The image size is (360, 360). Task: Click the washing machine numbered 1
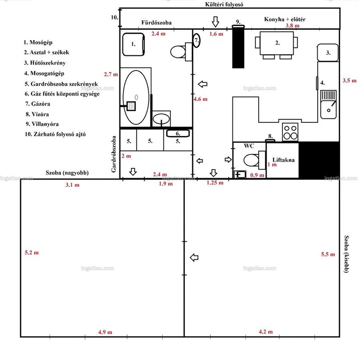pyautogui.click(x=133, y=45)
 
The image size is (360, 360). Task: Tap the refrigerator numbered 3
pyautogui.click(x=328, y=53)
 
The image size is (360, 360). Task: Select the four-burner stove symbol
pyautogui.click(x=290, y=132)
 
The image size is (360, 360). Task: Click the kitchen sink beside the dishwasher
pyautogui.click(x=328, y=104)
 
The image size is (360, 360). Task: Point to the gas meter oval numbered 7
pyautogui.click(x=196, y=40)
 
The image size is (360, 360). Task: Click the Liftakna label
pyautogui.click(x=283, y=160)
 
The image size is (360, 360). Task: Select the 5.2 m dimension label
pyautogui.click(x=32, y=252)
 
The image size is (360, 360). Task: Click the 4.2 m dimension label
pyautogui.click(x=266, y=332)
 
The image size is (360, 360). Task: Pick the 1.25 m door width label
pyautogui.click(x=215, y=183)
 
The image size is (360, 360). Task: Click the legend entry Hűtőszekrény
pyautogui.click(x=45, y=63)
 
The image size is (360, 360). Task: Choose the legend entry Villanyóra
pyautogui.click(x=42, y=124)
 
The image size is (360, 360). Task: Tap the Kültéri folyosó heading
pyautogui.click(x=224, y=4)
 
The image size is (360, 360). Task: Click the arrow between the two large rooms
pyautogui.click(x=194, y=257)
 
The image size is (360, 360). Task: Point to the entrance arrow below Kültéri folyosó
pyautogui.click(x=215, y=22)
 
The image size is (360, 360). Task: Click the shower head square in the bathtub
pyautogui.click(x=131, y=106)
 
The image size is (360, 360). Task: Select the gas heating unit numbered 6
pyautogui.click(x=178, y=133)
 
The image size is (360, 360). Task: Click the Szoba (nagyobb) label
pyautogui.click(x=67, y=173)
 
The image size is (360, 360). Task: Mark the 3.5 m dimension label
pyautogui.click(x=350, y=81)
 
